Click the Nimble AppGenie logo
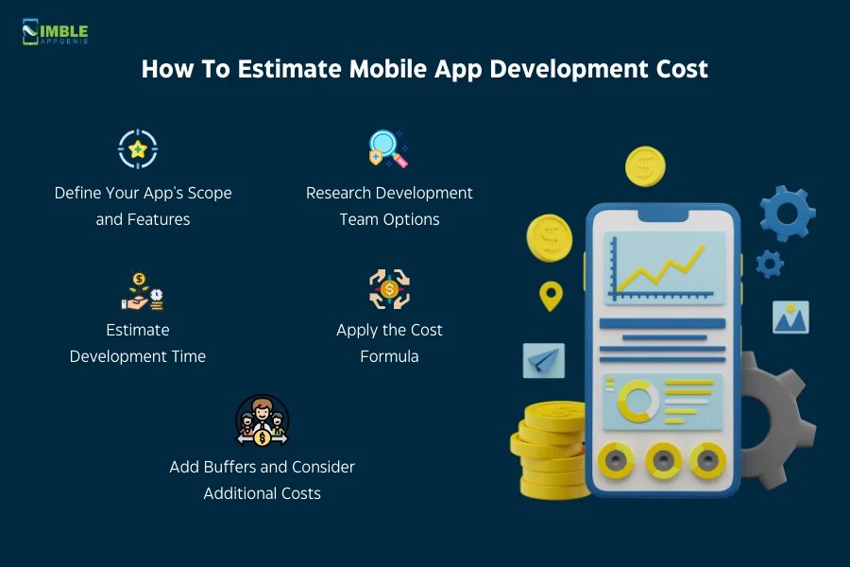click(55, 32)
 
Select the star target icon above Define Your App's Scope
click(138, 148)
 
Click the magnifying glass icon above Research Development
click(387, 149)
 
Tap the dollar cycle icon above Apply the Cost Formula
click(389, 289)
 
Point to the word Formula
click(389, 356)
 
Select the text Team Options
click(389, 219)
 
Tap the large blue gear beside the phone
click(788, 214)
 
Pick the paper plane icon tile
click(544, 360)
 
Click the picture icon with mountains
click(790, 318)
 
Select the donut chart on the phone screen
click(638, 401)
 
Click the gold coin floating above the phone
click(645, 167)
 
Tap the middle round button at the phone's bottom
click(663, 460)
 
